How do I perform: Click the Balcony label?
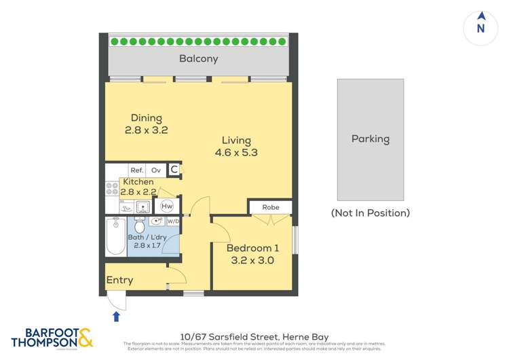tap(198, 58)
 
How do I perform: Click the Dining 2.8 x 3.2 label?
tap(145, 124)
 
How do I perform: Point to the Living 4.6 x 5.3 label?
tap(236, 147)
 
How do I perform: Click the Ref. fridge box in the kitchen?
tap(136, 170)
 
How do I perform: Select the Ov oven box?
tap(156, 170)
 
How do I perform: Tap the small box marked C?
tap(174, 170)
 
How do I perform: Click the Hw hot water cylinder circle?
tap(167, 206)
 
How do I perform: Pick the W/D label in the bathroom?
tap(173, 221)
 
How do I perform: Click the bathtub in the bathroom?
tap(115, 236)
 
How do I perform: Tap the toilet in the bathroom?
tap(140, 225)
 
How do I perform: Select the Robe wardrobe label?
tap(269, 207)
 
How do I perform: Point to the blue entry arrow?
tap(116, 315)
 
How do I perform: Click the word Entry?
tap(119, 280)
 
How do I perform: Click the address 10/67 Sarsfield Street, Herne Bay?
tap(254, 336)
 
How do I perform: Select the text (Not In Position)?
tap(370, 213)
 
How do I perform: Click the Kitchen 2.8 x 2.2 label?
tap(138, 187)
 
